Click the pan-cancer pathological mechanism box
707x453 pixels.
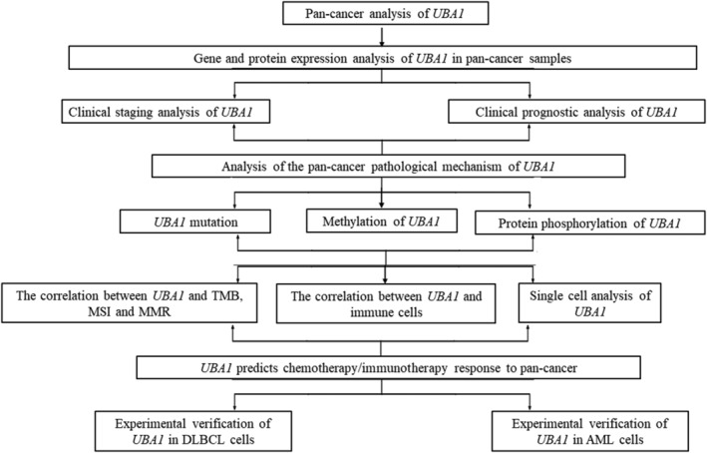click(355, 165)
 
